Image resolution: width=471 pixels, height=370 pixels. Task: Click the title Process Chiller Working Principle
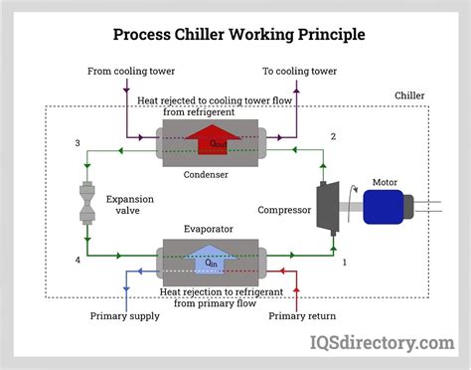click(x=235, y=34)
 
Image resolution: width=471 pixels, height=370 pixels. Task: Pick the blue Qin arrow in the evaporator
click(x=212, y=262)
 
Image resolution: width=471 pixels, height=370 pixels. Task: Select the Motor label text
click(x=385, y=182)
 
